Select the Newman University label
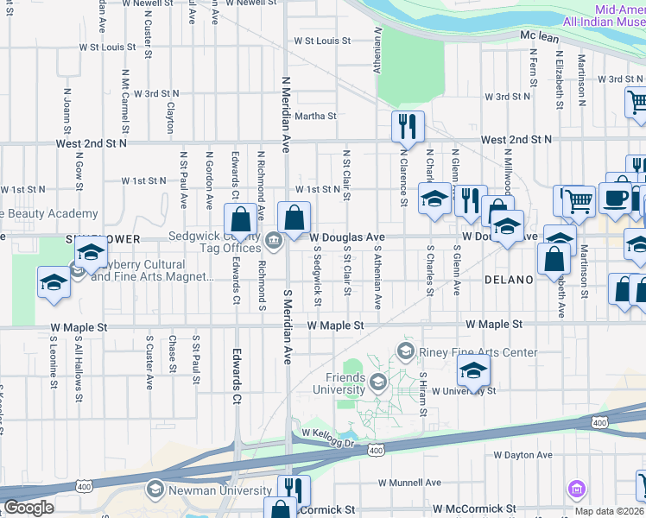[210, 490]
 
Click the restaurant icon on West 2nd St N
[408, 127]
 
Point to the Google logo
[28, 508]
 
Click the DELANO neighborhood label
[510, 280]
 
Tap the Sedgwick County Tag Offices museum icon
[275, 240]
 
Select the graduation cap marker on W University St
[473, 371]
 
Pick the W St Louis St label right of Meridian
[322, 41]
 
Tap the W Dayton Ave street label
[522, 455]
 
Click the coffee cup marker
[615, 198]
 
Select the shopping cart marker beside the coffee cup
[580, 201]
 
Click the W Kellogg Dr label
[328, 444]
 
